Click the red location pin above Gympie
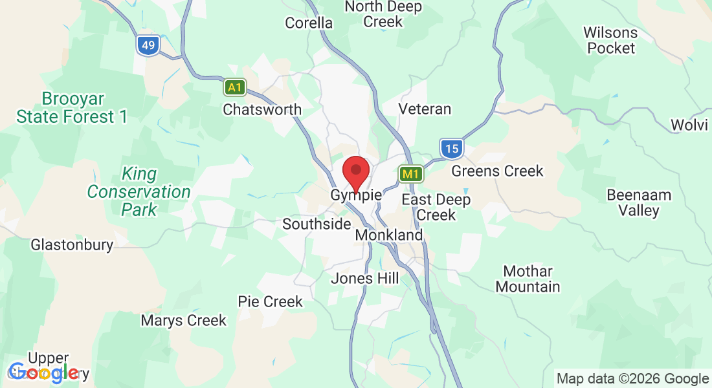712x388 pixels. (355, 171)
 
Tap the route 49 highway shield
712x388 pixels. (148, 45)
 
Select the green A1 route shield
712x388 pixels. (235, 87)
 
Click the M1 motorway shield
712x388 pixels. (411, 173)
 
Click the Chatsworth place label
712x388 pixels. (262, 109)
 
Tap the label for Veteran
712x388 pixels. (425, 109)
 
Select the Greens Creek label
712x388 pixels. (497, 171)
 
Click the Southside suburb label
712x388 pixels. (317, 224)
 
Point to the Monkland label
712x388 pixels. (389, 235)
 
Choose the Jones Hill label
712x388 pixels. (364, 279)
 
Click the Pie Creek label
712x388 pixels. (270, 301)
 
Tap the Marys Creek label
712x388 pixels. (184, 320)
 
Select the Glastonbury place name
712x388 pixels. (72, 245)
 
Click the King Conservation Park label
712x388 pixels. (139, 191)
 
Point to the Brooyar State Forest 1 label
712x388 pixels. (72, 108)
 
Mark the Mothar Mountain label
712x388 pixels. (528, 279)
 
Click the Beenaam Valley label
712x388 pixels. (638, 202)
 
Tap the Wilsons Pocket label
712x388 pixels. (611, 40)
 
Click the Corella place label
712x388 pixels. (309, 23)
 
